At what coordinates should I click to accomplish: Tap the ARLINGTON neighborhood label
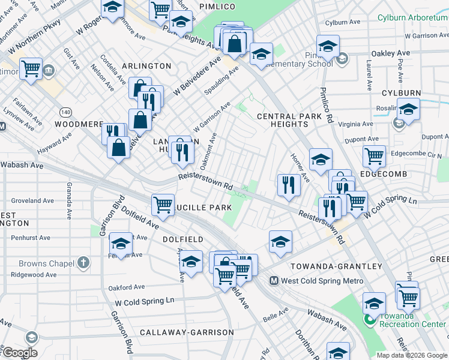146,66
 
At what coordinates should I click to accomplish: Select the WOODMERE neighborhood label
79,124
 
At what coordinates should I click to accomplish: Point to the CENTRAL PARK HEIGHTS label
282,120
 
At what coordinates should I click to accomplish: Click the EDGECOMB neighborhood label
384,174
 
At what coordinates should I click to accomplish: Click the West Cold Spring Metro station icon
274,281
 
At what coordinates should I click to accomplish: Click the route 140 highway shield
65,112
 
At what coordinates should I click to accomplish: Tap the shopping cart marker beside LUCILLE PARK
163,205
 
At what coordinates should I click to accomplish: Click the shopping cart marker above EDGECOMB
374,156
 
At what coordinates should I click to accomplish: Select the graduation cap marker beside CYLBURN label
408,110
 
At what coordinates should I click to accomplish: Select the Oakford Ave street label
127,287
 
